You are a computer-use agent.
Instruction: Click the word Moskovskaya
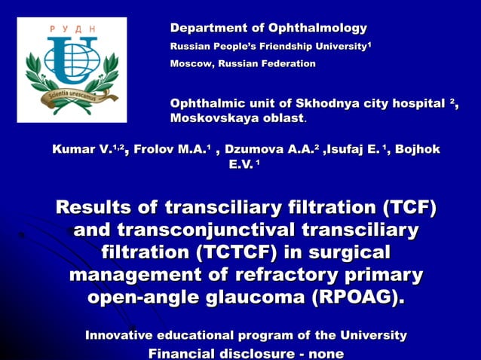(x=210, y=119)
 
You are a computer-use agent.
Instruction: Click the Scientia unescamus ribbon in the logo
(x=72, y=96)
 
